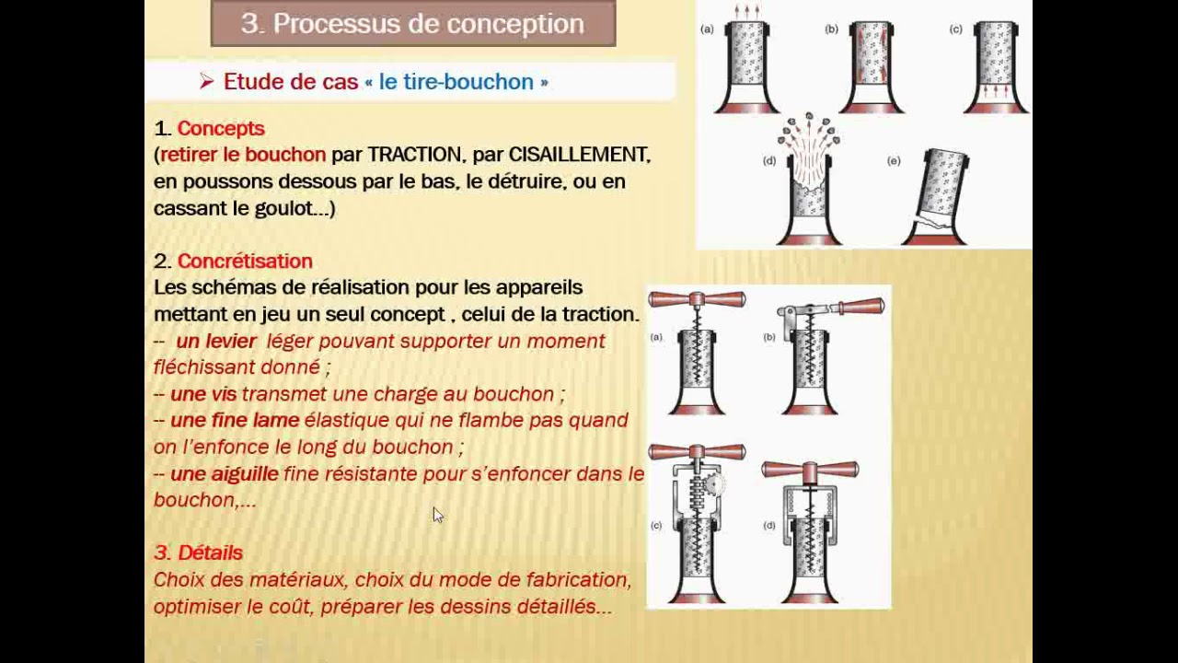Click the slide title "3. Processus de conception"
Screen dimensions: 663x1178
412,24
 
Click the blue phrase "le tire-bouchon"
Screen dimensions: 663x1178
456,82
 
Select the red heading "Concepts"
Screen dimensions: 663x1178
221,129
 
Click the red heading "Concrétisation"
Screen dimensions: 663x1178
245,262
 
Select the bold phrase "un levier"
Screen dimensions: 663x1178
216,341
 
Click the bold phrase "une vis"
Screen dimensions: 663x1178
203,394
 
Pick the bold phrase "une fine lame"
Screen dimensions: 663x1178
235,420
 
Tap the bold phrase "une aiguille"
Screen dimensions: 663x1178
225,473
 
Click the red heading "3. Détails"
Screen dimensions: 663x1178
198,552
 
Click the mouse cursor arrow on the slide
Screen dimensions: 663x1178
437,515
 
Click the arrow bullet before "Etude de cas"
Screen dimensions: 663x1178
206,82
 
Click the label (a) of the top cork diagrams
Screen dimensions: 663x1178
707,29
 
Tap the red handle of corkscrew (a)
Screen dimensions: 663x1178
697,299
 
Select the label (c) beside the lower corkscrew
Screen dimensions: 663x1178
656,526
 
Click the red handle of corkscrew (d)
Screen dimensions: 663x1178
810,470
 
